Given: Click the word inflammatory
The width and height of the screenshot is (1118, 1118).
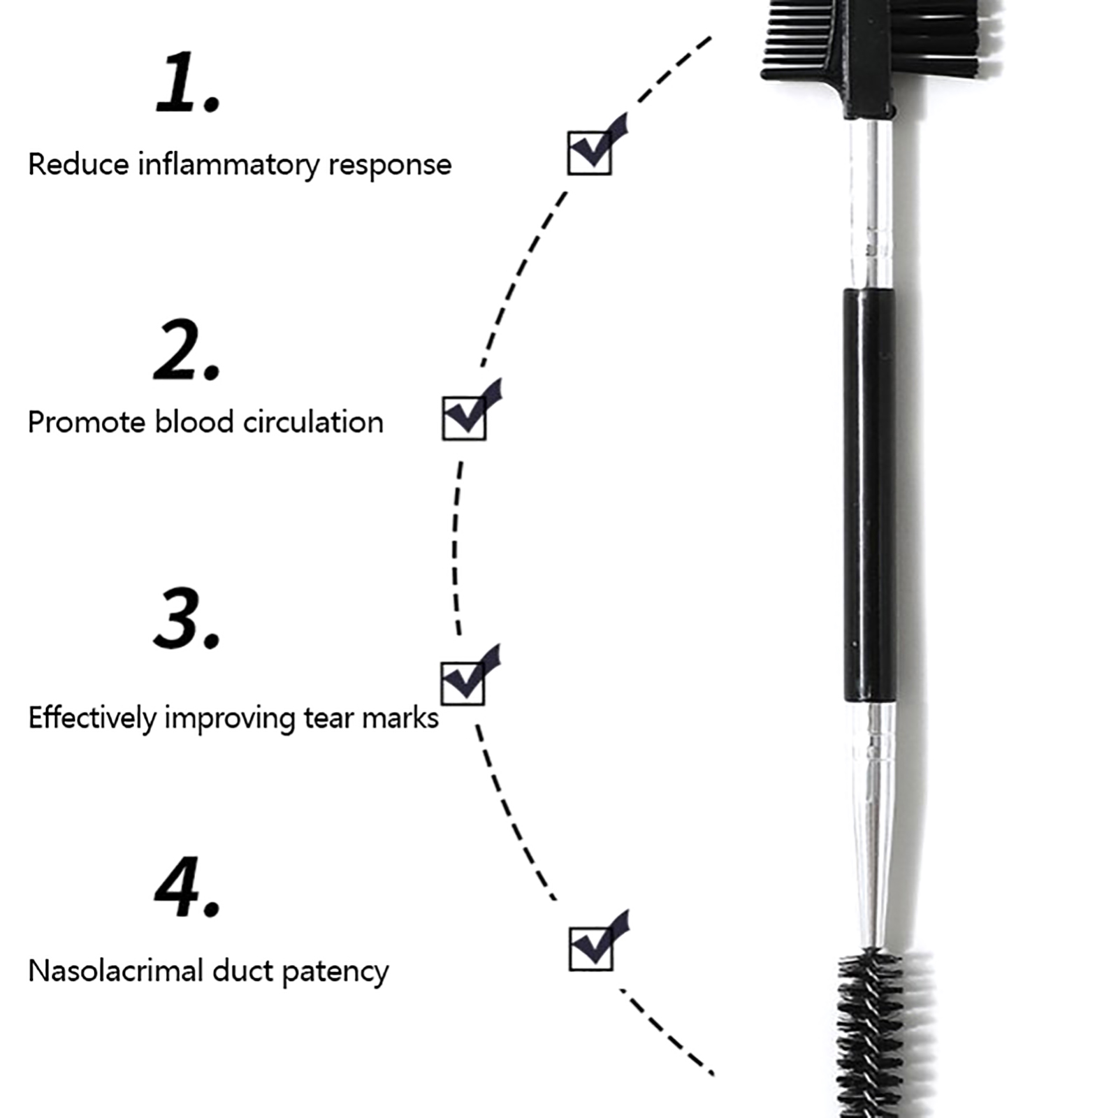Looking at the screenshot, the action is click(x=228, y=166).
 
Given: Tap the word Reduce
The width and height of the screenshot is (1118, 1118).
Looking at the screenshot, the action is click(x=79, y=165).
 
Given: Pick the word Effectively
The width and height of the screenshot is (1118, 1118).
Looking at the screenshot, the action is click(x=92, y=719).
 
